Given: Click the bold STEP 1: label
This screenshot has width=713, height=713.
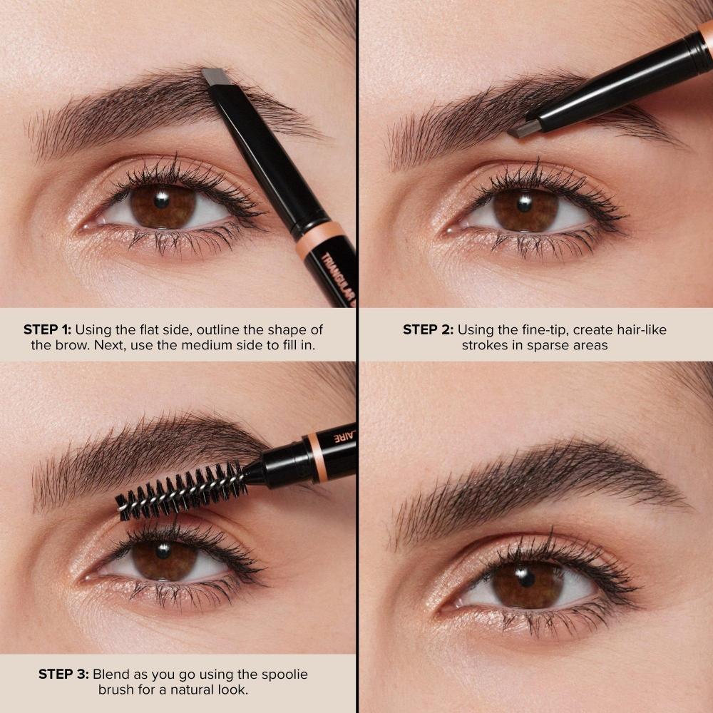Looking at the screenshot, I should [x=48, y=329].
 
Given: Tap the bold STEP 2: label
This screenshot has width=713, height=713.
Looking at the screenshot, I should [x=428, y=329].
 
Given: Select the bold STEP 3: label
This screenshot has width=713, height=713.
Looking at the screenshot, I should [x=63, y=674].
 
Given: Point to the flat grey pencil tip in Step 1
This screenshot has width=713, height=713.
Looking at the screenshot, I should [x=213, y=77].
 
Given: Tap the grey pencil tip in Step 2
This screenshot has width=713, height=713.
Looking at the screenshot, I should [x=524, y=130].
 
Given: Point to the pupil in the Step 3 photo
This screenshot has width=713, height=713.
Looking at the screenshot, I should [x=163, y=552].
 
